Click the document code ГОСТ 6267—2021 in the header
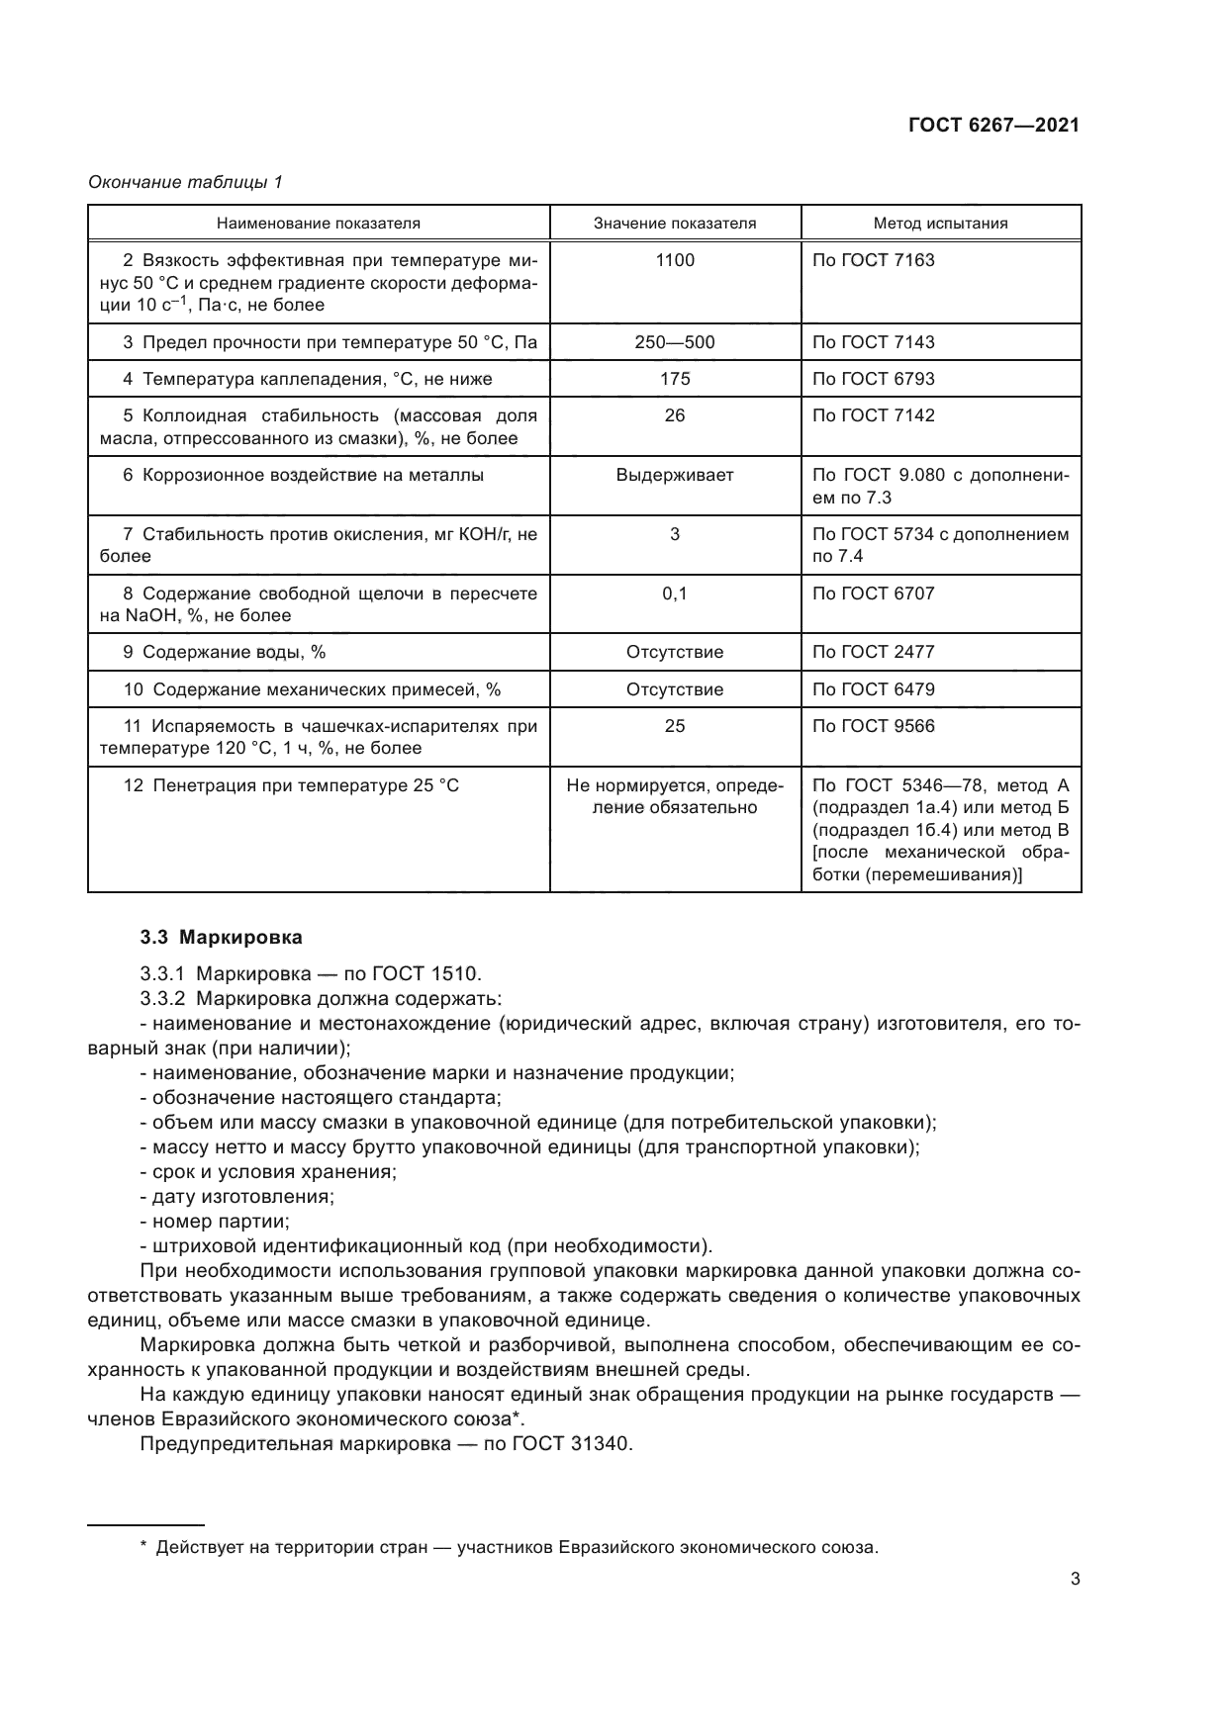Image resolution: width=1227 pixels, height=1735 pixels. point(992,126)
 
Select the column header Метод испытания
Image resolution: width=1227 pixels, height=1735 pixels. point(940,224)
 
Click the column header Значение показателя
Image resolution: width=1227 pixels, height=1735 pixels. point(675,224)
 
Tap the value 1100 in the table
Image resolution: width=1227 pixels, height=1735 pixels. point(675,260)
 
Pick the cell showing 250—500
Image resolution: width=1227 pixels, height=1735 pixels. point(675,342)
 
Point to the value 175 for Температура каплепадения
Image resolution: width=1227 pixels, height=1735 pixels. point(675,379)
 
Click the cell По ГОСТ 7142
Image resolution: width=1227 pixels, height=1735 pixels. point(873,415)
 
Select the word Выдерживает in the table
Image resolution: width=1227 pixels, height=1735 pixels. point(675,475)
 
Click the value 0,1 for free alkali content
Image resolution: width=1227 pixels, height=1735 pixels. point(675,594)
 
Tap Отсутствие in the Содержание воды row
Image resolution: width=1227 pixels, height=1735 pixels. point(675,652)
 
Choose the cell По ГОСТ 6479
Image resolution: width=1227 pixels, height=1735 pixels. point(873,689)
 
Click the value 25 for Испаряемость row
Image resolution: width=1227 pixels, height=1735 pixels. point(675,726)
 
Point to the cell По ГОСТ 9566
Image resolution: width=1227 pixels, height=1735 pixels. point(873,726)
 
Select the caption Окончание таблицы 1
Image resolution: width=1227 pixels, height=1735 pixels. point(185,182)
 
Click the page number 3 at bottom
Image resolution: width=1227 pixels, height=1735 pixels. point(1075,1579)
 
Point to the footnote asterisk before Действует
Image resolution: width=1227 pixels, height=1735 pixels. point(144,1547)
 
